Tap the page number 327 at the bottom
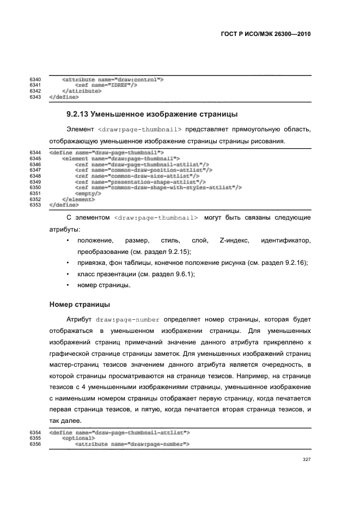(x=306, y=460)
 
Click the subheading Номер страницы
(x=81, y=303)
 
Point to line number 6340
(x=35, y=80)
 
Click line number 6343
(x=35, y=98)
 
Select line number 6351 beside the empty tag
(x=35, y=193)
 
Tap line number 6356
(x=35, y=444)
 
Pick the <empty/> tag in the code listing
(x=88, y=193)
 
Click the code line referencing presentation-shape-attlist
(x=140, y=181)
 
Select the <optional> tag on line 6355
(x=78, y=438)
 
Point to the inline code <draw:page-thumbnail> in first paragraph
(x=141, y=129)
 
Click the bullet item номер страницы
(x=103, y=286)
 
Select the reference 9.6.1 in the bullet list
(x=184, y=274)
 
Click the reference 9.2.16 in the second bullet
(x=295, y=263)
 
